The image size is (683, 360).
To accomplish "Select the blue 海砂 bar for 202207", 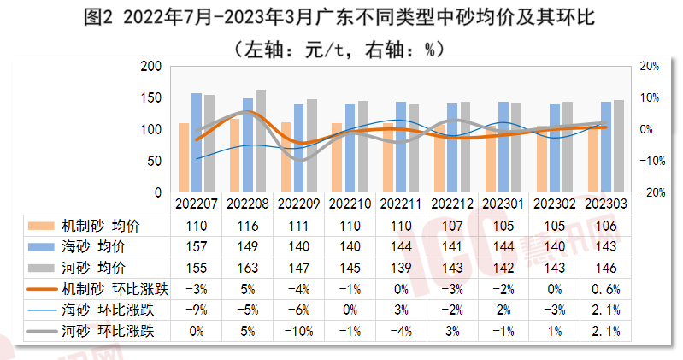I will coord(197,142).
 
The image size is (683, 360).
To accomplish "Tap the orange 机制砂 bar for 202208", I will coord(234,155).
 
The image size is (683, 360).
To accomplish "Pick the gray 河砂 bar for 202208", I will coord(261,140).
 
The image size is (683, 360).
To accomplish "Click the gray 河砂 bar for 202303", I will coord(619,146).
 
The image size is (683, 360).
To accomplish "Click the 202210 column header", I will coord(350,205).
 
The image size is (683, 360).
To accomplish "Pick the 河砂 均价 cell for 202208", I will coord(248,267).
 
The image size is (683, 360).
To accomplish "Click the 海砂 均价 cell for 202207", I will coord(197,246).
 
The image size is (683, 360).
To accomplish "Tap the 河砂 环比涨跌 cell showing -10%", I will coord(298,328).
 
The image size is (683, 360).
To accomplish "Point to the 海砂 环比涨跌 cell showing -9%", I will coord(197,308).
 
